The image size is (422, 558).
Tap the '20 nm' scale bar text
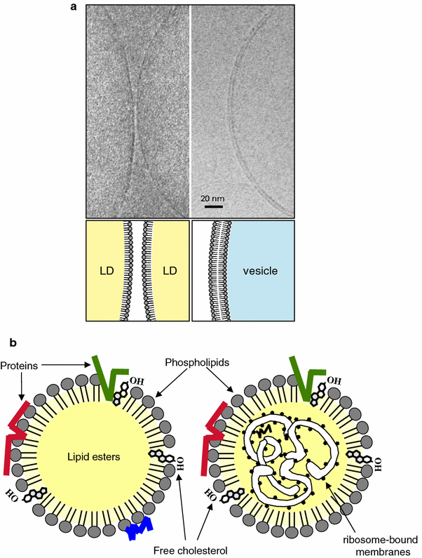point(214,197)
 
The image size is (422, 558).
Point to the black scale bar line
point(214,206)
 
